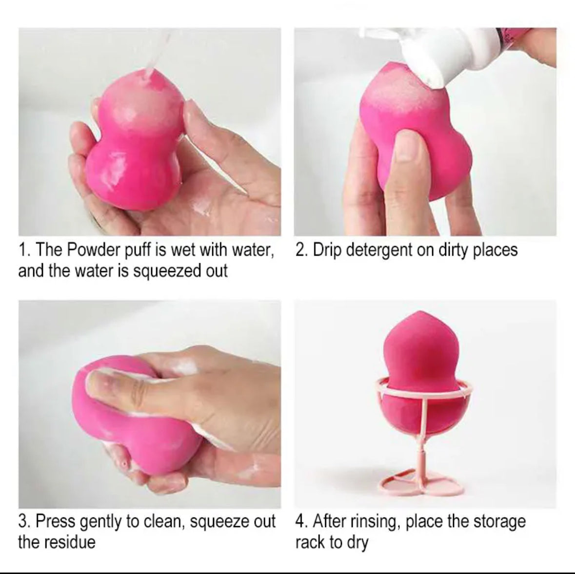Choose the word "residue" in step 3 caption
tap(71, 542)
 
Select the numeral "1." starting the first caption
tap(24, 250)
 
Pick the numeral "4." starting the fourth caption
tap(301, 521)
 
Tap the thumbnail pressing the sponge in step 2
tap(408, 146)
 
